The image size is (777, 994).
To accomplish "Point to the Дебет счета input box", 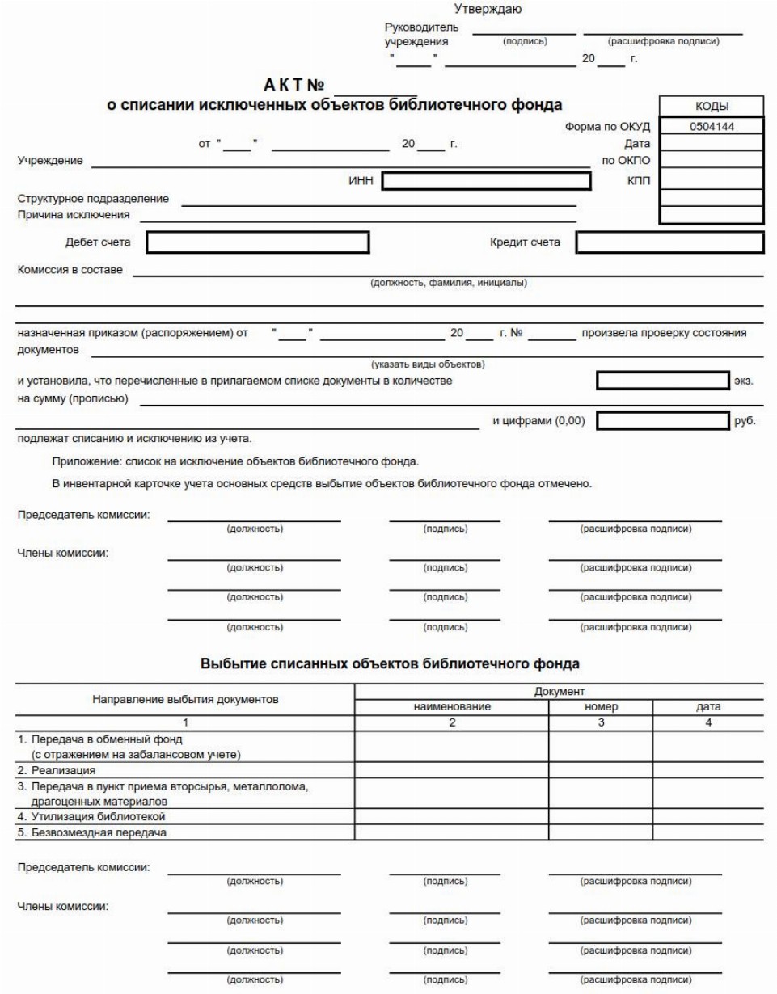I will [x=258, y=242].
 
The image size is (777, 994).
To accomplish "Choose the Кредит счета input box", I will [x=670, y=242].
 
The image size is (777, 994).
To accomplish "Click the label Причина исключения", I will [x=74, y=215].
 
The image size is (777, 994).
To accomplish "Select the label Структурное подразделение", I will [x=93, y=200].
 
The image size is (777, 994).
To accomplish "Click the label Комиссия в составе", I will [x=70, y=269].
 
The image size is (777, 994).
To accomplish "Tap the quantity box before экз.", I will [x=663, y=381].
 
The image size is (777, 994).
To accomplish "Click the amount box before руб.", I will [x=663, y=420].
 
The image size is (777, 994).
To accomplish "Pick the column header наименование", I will [x=452, y=706].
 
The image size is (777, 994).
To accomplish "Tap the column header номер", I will [x=601, y=706].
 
